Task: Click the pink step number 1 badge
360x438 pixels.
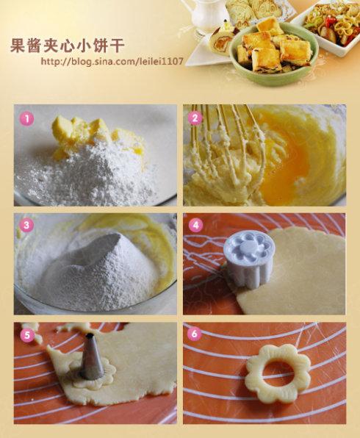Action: pyautogui.click(x=26, y=119)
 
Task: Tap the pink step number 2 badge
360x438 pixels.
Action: pyautogui.click(x=195, y=118)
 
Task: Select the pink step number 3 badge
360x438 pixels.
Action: pyautogui.click(x=26, y=225)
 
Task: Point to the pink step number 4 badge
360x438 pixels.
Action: pyautogui.click(x=195, y=225)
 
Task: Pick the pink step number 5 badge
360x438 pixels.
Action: pyautogui.click(x=26, y=335)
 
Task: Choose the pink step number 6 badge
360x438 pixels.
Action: pyautogui.click(x=195, y=334)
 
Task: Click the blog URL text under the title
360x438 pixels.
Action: pyautogui.click(x=112, y=61)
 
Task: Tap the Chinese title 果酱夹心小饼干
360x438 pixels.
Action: pyautogui.click(x=67, y=45)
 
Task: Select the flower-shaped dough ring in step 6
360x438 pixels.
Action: pyautogui.click(x=278, y=373)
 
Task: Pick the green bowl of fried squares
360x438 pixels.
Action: pyautogui.click(x=274, y=53)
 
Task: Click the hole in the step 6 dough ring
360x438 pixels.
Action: pyautogui.click(x=278, y=373)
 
